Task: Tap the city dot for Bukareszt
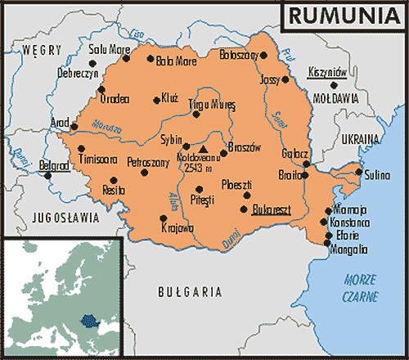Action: coord(243,209)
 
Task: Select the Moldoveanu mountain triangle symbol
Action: coord(203,150)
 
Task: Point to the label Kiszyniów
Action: coord(328,73)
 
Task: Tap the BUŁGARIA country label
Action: coord(189,290)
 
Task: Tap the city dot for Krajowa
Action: coord(164,218)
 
